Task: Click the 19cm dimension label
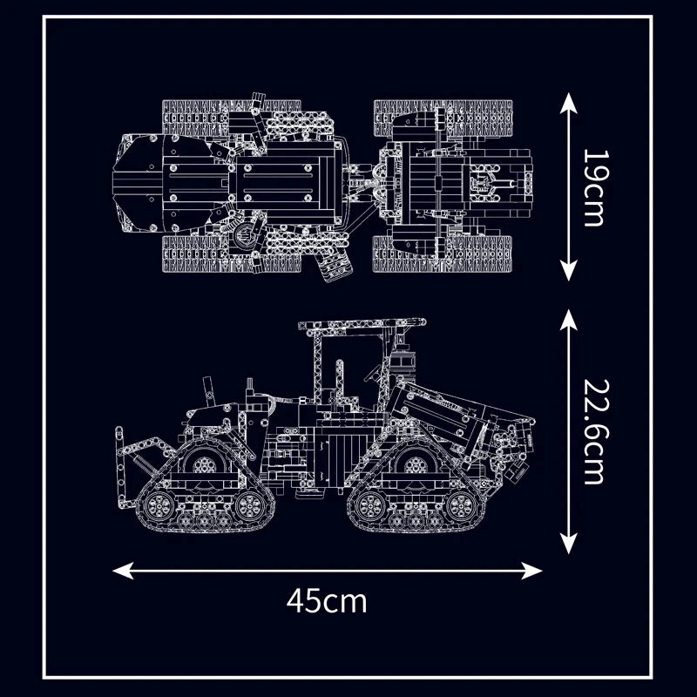(593, 188)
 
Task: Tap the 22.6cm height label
(593, 431)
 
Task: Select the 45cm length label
(327, 600)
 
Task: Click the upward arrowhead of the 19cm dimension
(569, 104)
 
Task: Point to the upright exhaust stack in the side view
(207, 389)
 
